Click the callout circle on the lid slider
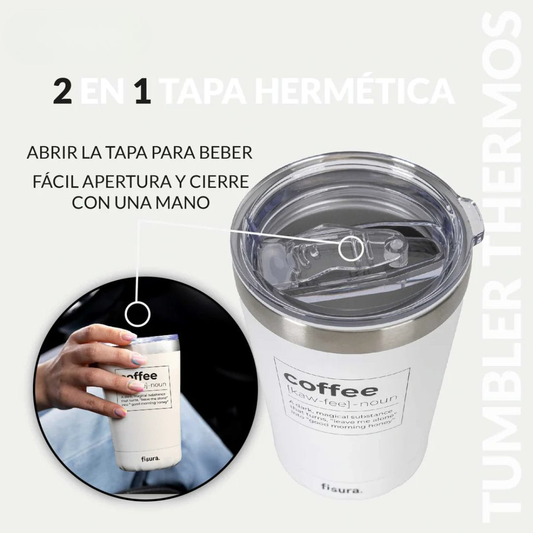(353, 247)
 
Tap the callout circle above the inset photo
(137, 313)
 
